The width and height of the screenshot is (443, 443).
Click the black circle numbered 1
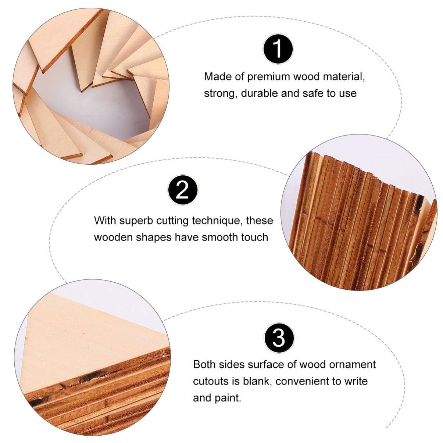coord(278,49)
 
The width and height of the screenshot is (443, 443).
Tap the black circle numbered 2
coord(183,190)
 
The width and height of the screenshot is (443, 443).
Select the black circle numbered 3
coord(279,337)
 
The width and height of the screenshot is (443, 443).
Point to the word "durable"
coord(260,93)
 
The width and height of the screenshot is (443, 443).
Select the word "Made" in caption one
coord(218,77)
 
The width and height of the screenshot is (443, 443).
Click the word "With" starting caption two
coord(105,221)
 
